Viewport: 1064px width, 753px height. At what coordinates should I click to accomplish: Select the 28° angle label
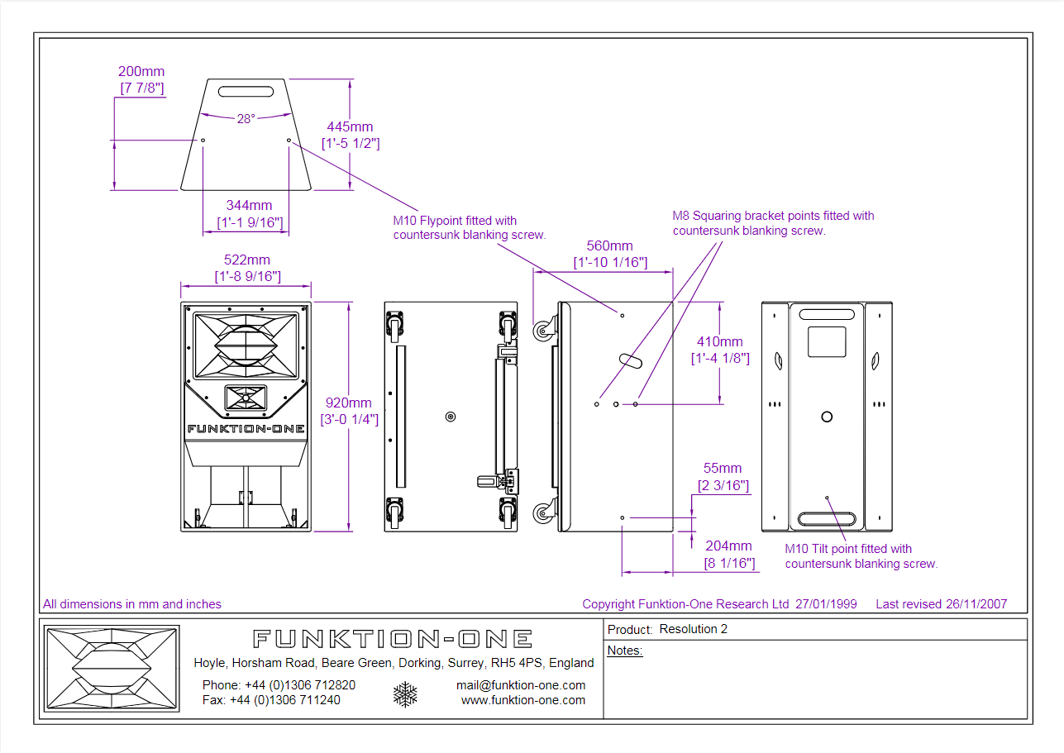[246, 119]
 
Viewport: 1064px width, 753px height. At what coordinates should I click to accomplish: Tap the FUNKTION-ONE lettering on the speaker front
[246, 429]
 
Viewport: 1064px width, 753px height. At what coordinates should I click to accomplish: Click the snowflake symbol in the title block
[405, 694]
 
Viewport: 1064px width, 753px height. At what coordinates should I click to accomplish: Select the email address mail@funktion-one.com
[521, 685]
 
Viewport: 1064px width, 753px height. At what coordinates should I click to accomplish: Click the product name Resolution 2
[693, 629]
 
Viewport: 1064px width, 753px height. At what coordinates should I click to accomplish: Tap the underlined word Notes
[625, 651]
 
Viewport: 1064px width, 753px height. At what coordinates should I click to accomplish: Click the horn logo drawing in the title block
[112, 670]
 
